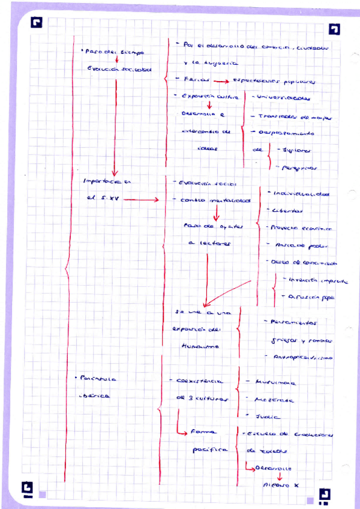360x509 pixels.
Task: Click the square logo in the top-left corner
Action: click(x=38, y=23)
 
